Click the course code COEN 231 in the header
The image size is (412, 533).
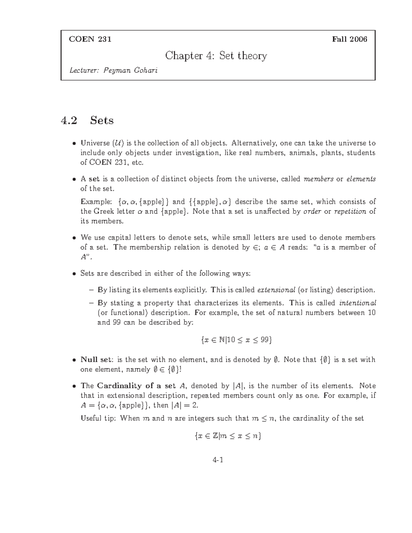[90, 39]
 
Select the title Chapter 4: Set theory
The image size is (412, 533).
[216, 56]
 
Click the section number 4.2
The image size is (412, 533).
[69, 120]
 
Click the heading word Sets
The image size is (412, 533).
[102, 120]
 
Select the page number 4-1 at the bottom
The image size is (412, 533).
[218, 460]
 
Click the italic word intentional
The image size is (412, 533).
[357, 303]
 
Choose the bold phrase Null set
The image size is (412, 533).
[96, 360]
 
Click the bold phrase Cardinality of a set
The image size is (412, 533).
[137, 386]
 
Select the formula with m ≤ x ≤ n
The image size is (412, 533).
[227, 436]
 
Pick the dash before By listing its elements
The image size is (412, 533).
[91, 290]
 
